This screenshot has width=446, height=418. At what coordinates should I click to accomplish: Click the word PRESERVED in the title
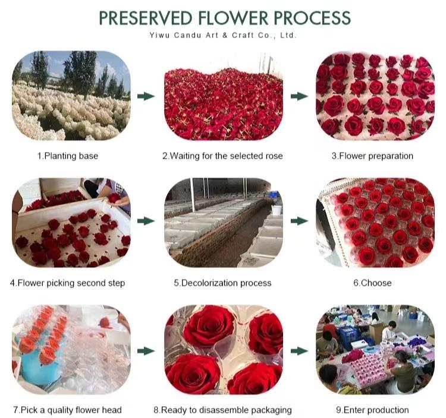(x=145, y=18)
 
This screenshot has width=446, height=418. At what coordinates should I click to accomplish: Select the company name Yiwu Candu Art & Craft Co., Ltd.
(x=223, y=36)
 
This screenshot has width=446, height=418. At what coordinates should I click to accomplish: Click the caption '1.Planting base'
(x=68, y=156)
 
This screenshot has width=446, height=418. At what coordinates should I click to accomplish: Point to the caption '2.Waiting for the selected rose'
(x=222, y=156)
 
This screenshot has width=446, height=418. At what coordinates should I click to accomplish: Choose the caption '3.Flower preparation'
(x=372, y=156)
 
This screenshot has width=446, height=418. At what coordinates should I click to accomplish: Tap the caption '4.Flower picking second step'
(x=67, y=283)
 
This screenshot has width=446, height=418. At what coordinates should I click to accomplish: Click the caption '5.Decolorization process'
(x=222, y=283)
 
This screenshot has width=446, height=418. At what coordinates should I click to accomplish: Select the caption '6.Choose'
(x=372, y=283)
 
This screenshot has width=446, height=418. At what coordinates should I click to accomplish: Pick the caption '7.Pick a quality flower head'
(x=67, y=410)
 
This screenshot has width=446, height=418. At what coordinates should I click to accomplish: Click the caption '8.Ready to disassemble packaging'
(x=222, y=410)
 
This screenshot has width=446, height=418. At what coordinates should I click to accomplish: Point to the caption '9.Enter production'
(x=372, y=410)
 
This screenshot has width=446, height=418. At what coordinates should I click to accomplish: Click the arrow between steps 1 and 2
(x=146, y=96)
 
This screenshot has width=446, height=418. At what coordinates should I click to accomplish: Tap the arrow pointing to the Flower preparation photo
(x=299, y=96)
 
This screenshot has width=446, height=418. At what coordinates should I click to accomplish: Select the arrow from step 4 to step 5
(x=146, y=221)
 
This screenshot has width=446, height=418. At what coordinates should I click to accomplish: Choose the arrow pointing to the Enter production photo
(x=299, y=351)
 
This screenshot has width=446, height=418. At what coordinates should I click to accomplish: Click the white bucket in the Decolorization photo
(x=276, y=210)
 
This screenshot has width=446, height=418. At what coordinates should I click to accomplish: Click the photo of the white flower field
(x=71, y=96)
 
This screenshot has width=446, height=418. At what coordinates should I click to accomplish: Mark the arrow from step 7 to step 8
(x=146, y=351)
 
